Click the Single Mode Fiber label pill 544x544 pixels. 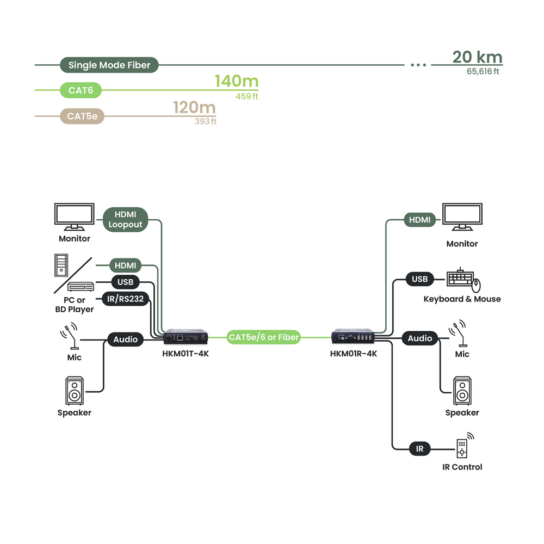point(109,65)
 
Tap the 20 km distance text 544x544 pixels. point(477,57)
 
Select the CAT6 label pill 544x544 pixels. point(81,90)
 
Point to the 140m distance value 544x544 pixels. point(236,82)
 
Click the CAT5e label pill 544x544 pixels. point(82,116)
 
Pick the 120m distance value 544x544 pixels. point(194,108)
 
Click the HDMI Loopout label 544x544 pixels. point(125,219)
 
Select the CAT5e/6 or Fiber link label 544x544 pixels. point(264,337)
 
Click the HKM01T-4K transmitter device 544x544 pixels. point(186,337)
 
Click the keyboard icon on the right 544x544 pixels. point(460,278)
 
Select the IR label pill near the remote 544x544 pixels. point(419,449)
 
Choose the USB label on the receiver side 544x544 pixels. point(419,279)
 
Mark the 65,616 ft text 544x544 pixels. point(483,71)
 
